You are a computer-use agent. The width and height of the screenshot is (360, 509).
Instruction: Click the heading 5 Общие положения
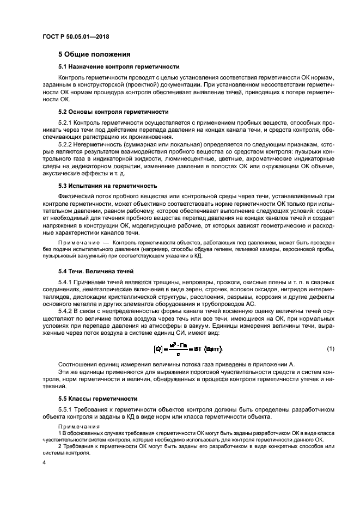94,54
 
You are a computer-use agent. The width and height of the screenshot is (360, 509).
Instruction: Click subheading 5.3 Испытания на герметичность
108,185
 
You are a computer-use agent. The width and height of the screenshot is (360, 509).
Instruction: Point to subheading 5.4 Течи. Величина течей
96,271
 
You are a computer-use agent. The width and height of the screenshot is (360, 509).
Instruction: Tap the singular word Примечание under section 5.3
75,241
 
